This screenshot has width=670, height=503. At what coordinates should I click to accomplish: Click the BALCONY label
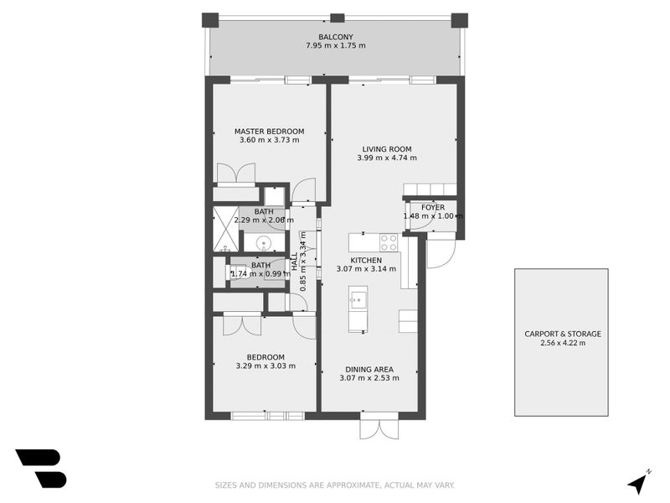click(336, 36)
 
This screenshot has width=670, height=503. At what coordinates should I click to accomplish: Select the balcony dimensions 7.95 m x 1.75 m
click(336, 45)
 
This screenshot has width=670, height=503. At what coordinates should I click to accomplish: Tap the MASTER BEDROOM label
click(269, 132)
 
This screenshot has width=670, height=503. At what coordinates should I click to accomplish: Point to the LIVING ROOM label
click(386, 149)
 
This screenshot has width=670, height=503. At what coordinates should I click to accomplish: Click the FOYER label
click(433, 207)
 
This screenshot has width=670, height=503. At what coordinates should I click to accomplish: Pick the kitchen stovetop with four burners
click(389, 242)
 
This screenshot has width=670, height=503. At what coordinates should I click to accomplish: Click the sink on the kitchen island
click(358, 298)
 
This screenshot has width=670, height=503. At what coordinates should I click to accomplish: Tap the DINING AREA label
click(369, 369)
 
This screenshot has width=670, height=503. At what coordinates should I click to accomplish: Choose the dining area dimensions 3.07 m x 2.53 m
click(369, 378)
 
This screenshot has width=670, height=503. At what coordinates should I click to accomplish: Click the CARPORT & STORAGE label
click(562, 334)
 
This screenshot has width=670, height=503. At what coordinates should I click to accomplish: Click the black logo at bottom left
click(40, 468)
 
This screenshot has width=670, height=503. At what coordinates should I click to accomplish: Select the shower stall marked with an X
click(225, 228)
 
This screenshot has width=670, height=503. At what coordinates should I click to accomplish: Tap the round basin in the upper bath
click(265, 244)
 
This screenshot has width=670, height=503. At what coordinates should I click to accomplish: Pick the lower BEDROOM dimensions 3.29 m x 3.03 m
click(265, 366)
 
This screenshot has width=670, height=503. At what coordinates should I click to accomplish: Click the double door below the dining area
click(380, 428)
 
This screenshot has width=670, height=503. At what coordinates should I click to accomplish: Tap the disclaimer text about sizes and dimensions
click(334, 485)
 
